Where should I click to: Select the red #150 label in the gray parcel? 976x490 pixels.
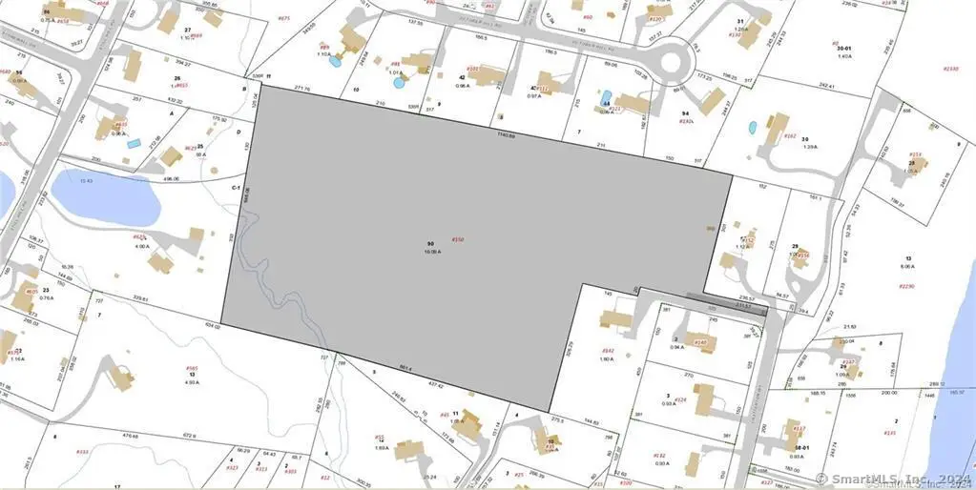coord(457,239)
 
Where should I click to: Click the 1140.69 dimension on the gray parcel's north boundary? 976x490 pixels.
coord(506,135)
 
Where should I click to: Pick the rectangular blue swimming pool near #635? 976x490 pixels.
coord(135,143)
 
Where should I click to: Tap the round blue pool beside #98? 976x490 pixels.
coord(400,83)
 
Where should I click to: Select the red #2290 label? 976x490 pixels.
coord(905,286)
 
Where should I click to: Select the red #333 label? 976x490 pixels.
coord(83,452)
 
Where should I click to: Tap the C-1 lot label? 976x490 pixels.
coord(235,190)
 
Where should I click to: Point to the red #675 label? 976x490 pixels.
coord(283,18)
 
